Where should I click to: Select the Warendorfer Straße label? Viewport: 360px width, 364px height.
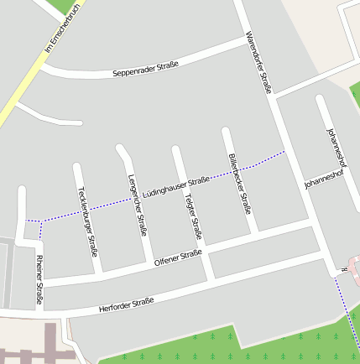(x=258, y=62)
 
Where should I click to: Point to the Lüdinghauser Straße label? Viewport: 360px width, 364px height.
(x=175, y=186)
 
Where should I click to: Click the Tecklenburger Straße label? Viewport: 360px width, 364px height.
(x=87, y=221)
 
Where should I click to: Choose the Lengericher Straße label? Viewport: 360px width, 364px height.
(x=137, y=203)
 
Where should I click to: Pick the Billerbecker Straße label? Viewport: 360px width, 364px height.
(x=239, y=183)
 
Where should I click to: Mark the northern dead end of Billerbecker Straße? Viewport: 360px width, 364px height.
(x=225, y=131)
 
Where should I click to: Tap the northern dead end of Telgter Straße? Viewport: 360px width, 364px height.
(x=175, y=150)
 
